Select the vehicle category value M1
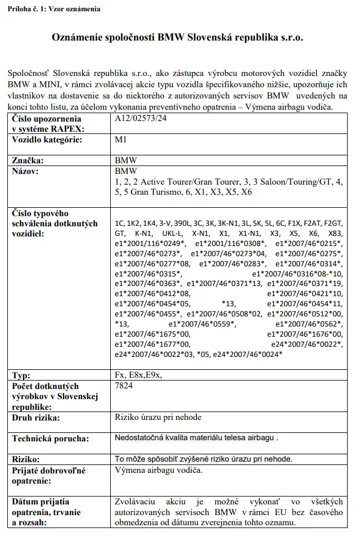point(120,139)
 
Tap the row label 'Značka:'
point(28,160)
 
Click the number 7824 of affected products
point(124,386)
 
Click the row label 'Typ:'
point(22,375)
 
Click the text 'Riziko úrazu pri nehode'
point(158,417)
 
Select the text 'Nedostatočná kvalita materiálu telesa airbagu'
point(194,437)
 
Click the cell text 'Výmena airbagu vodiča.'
point(159,470)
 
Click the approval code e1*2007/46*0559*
point(202,324)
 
